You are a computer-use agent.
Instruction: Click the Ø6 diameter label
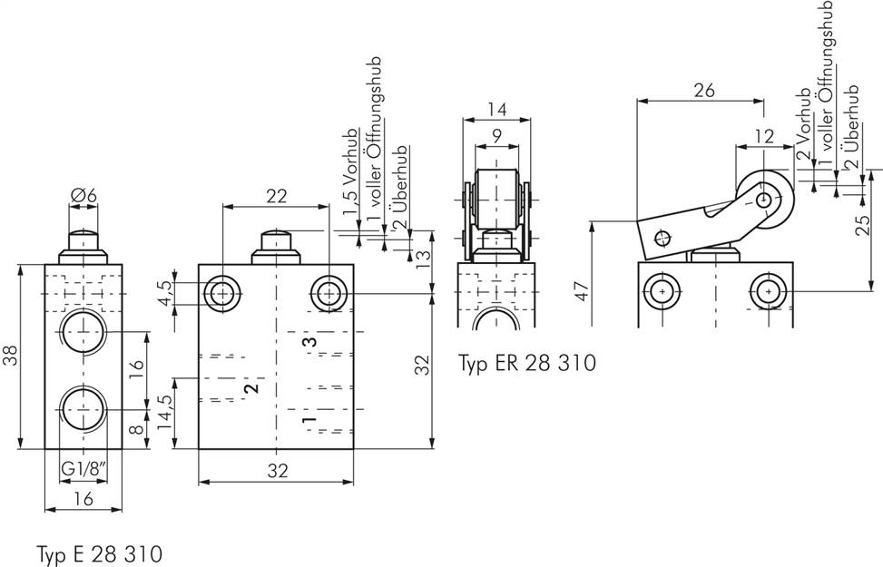(x=83, y=193)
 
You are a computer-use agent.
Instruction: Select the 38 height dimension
(x=10, y=357)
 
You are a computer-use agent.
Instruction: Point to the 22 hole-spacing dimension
(x=277, y=195)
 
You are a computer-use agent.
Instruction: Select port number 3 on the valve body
(x=308, y=343)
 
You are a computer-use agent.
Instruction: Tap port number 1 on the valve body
(x=308, y=422)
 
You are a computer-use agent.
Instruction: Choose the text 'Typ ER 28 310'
(x=526, y=364)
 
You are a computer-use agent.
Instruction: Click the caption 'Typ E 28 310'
(x=100, y=552)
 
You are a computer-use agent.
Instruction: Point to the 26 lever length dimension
(x=703, y=89)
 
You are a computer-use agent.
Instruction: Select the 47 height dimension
(x=582, y=289)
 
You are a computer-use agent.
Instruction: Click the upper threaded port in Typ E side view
(x=83, y=331)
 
